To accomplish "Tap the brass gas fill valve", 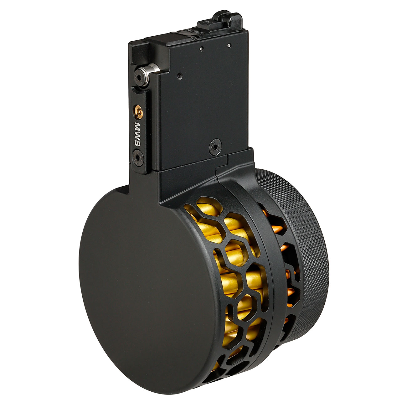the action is pyautogui.click(x=139, y=111).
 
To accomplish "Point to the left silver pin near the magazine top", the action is pyautogui.click(x=202, y=49).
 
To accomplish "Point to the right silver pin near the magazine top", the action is pyautogui.click(x=229, y=45).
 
